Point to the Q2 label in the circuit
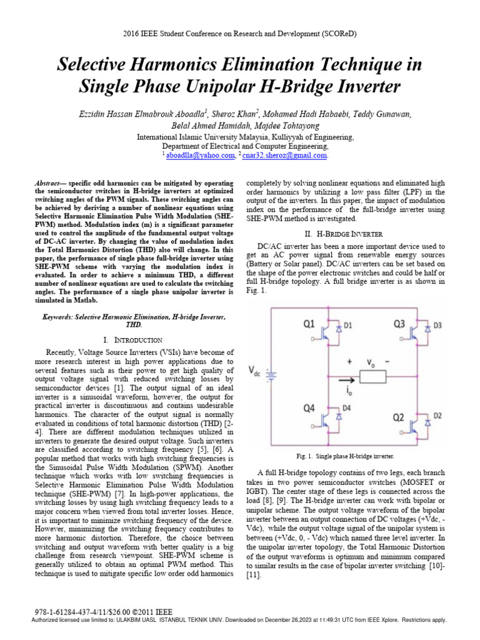pos(401,417)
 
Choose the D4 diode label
pos(347,409)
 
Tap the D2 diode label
pos(437,414)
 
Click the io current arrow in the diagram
pos(341,378)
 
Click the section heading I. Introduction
pos(132,339)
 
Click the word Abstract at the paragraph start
pos(51,180)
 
